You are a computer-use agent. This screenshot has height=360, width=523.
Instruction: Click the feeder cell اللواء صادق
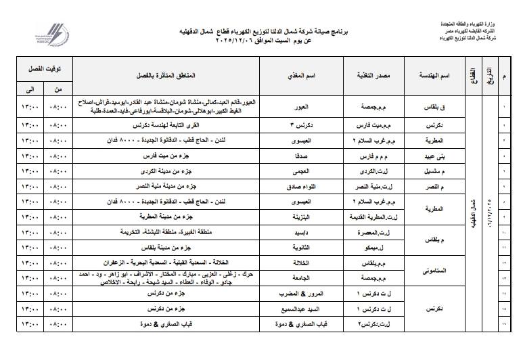[309, 185]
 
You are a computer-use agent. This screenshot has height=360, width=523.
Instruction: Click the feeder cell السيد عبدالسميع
[309, 309]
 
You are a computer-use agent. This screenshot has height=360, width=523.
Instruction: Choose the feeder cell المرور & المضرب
[309, 294]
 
